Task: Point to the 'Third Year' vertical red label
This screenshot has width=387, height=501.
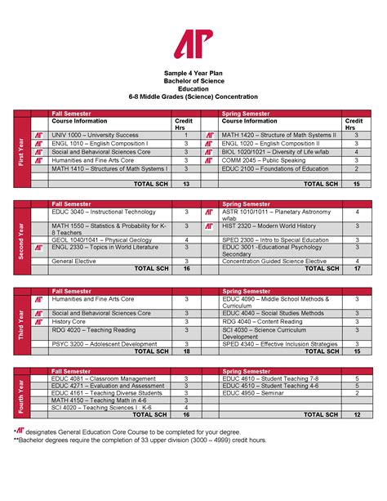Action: tap(21, 324)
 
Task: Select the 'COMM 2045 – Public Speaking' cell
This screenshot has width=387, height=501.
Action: tap(256, 160)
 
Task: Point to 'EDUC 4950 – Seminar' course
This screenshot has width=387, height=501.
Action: tap(249, 393)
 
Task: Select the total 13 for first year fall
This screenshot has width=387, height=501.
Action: tap(186, 184)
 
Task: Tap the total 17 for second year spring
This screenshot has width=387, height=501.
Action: tap(356, 268)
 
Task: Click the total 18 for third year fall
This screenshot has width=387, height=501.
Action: tap(186, 351)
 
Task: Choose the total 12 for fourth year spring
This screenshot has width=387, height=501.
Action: tap(356, 414)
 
